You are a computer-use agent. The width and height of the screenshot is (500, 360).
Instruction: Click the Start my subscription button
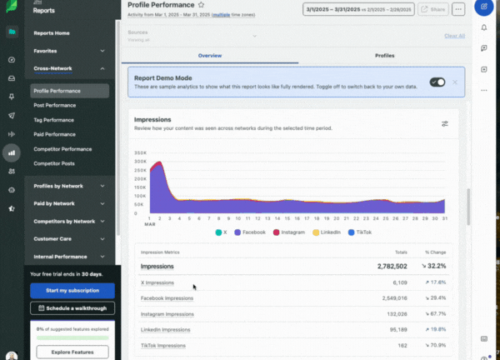[72, 290]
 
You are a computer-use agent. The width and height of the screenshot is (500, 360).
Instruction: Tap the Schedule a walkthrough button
[72, 308]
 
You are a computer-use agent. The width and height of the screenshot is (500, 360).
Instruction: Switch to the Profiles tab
[384, 55]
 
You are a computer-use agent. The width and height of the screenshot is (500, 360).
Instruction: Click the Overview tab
[209, 55]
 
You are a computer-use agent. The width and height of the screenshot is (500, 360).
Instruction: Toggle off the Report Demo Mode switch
[437, 82]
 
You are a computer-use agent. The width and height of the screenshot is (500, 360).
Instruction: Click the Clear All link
[454, 36]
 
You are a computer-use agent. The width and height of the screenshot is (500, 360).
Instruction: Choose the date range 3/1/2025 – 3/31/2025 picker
[357, 9]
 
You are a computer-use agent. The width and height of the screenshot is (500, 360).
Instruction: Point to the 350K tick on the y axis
[141, 152]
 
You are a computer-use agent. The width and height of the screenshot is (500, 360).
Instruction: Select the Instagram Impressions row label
[167, 313]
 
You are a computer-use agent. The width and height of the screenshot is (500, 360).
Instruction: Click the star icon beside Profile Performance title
[201, 5]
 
